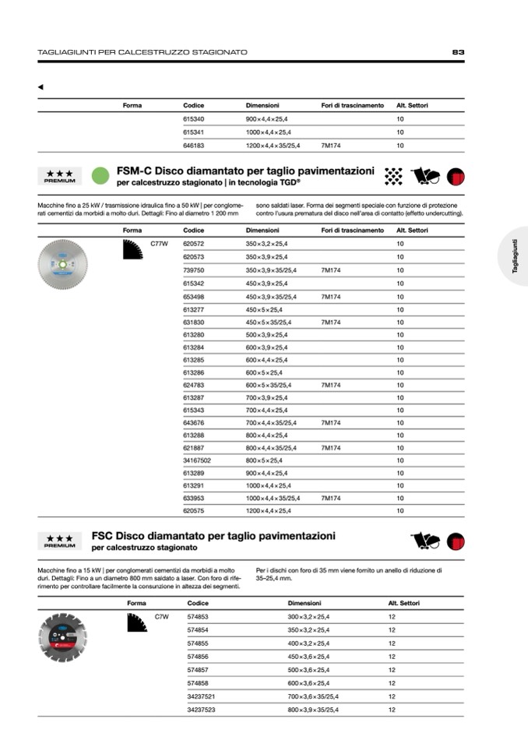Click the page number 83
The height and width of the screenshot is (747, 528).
(x=458, y=52)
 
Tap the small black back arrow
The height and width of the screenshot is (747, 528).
(x=40, y=86)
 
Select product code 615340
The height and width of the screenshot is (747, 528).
(x=193, y=119)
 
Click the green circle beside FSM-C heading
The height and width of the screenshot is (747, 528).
(x=99, y=175)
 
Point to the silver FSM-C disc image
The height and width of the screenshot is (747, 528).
(x=63, y=264)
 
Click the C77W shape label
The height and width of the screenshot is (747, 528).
(x=159, y=245)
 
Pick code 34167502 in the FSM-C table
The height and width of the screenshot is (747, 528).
(x=197, y=460)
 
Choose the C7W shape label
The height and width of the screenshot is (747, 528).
(x=162, y=617)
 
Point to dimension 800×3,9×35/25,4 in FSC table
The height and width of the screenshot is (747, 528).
(x=313, y=710)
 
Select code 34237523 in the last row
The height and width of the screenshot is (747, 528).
(x=202, y=710)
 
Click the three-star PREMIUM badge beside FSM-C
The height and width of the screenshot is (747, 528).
(x=60, y=176)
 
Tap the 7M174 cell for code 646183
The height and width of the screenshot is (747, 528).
(x=331, y=145)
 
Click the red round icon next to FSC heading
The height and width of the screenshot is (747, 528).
(x=456, y=541)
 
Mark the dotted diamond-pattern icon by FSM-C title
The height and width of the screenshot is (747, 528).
(x=393, y=175)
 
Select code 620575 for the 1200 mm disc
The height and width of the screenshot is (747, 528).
(x=193, y=511)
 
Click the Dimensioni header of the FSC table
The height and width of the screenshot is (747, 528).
(x=304, y=604)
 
